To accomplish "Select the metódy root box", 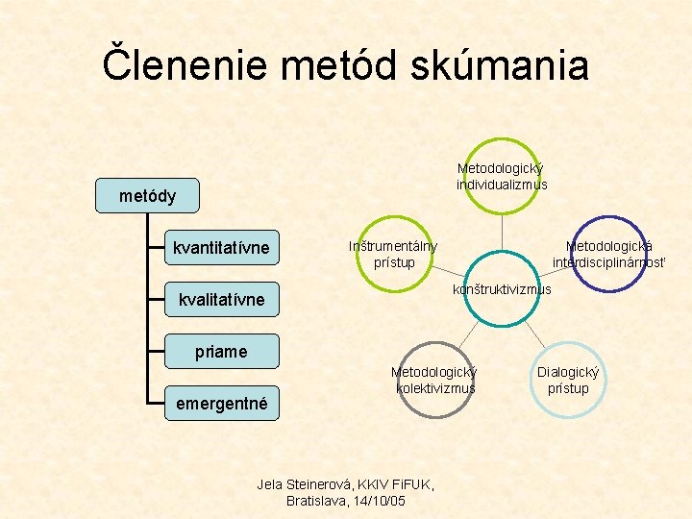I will (x=148, y=196).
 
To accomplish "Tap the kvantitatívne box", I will (x=221, y=249).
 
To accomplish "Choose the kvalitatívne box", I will (x=221, y=300).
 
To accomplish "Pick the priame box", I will (x=221, y=352).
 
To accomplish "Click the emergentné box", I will (x=221, y=404).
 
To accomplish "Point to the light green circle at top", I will (x=503, y=177).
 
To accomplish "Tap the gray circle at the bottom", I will (x=434, y=380).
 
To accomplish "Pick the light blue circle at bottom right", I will (x=568, y=380).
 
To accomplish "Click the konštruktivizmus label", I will (x=502, y=288).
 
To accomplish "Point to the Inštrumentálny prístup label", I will (x=393, y=254).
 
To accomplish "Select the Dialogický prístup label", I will (x=568, y=380).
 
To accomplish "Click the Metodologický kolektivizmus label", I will (x=435, y=380).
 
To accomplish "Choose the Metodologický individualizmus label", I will (x=503, y=177).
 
